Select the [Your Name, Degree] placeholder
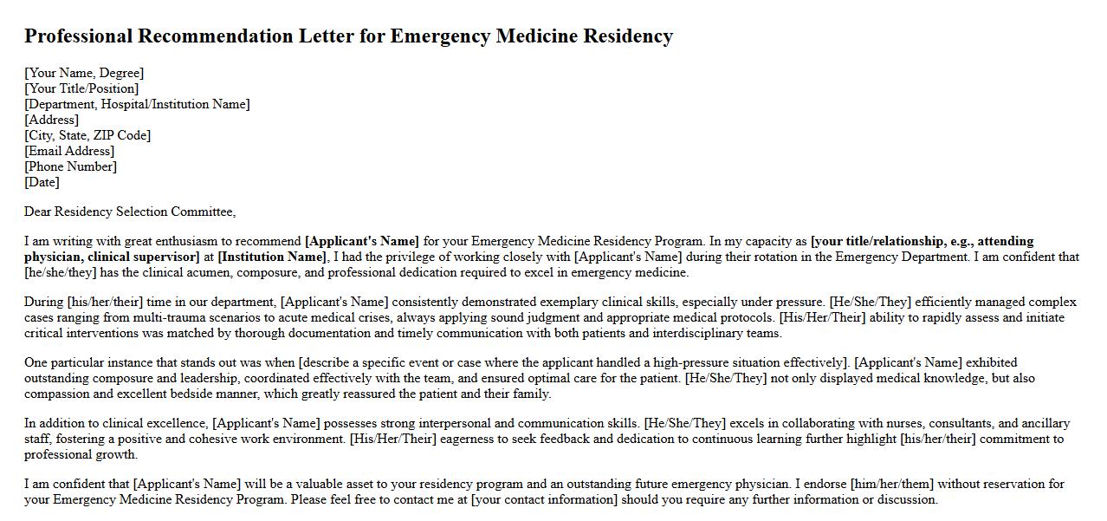click(x=84, y=73)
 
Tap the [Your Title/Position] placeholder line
click(x=81, y=88)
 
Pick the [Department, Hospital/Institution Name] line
click(x=137, y=104)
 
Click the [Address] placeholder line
click(x=51, y=120)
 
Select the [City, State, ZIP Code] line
click(x=87, y=135)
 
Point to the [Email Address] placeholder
click(x=69, y=151)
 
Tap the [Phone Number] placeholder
click(x=70, y=166)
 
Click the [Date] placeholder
click(x=42, y=182)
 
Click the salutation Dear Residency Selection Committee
click(x=129, y=212)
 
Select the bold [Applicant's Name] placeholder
click(x=362, y=241)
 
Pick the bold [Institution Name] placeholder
click(x=272, y=257)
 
